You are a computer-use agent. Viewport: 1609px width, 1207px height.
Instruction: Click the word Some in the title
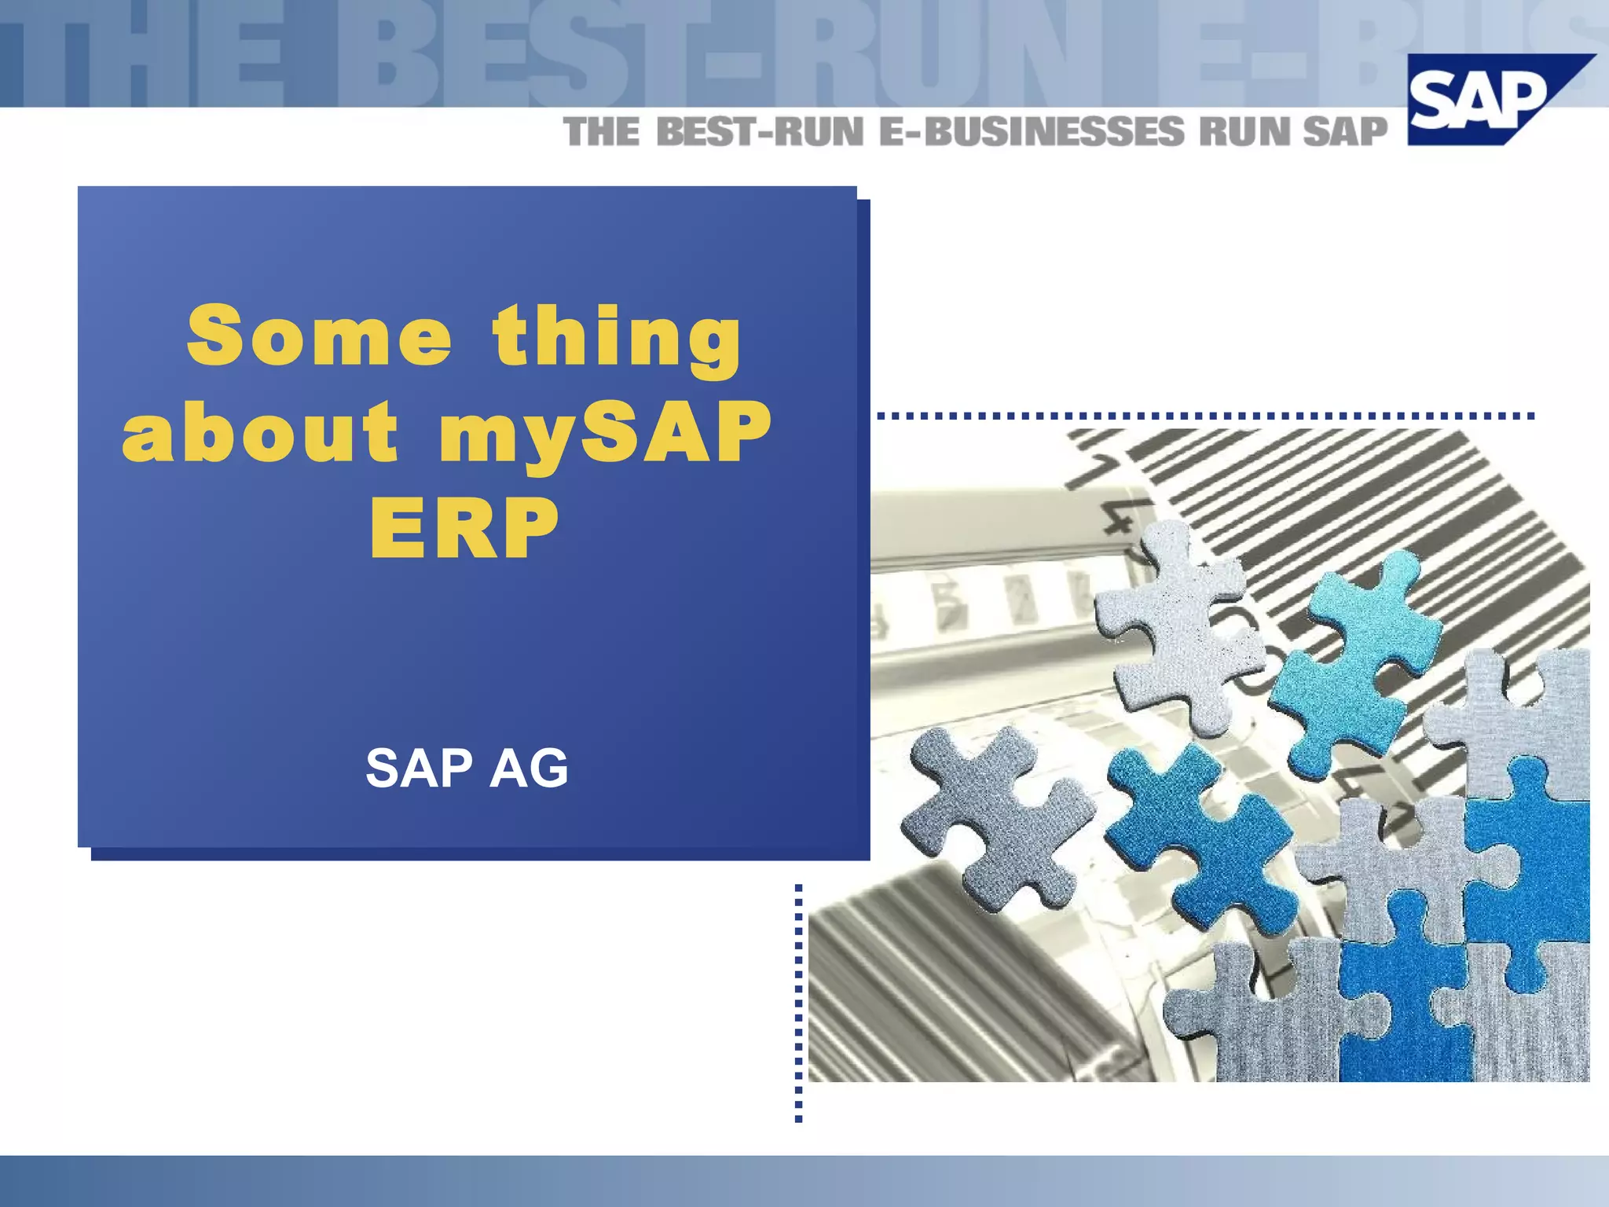click(x=318, y=336)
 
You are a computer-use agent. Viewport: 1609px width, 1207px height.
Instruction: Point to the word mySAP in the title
click(x=605, y=432)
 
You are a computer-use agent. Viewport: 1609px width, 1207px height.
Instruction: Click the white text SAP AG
click(x=467, y=768)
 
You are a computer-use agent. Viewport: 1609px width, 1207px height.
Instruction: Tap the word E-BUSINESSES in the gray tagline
click(x=1031, y=131)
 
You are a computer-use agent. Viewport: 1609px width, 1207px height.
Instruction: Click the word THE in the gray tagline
click(x=602, y=131)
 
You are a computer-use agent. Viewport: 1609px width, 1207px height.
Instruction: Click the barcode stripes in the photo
click(x=1336, y=503)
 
